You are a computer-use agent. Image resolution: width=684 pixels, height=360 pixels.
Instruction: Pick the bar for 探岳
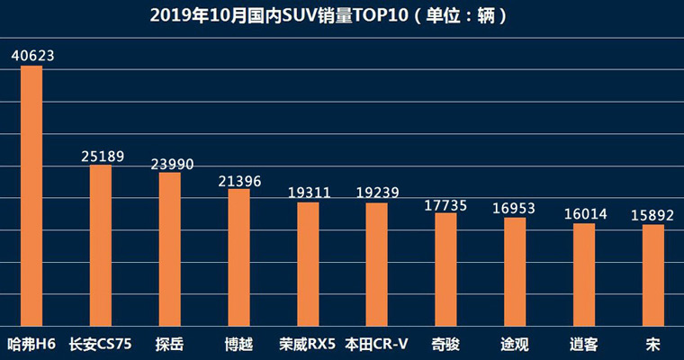(x=170, y=248)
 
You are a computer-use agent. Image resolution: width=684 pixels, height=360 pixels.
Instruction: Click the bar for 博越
(x=238, y=256)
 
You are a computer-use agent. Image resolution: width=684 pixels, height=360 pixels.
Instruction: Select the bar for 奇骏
(x=445, y=269)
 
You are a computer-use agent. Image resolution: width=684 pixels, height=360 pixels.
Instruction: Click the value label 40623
(x=33, y=55)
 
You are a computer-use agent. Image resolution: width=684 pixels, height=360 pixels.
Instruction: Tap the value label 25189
(x=102, y=156)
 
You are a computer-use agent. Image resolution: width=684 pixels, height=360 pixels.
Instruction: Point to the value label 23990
(x=171, y=163)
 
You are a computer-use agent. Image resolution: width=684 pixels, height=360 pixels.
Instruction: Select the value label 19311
(x=309, y=193)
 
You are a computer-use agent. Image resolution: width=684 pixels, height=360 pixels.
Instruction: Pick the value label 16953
(x=514, y=208)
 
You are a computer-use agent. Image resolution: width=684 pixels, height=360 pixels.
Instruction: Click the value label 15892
(x=652, y=215)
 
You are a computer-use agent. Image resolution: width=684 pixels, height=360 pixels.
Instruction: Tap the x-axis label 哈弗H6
(x=31, y=343)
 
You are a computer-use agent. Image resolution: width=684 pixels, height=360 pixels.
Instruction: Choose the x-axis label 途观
(x=515, y=343)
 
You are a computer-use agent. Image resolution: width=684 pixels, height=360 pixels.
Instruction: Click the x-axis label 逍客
(x=583, y=343)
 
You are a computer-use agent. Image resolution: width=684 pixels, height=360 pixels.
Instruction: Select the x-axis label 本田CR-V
(x=377, y=343)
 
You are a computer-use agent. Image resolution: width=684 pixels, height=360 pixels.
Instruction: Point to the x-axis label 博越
(x=238, y=343)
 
